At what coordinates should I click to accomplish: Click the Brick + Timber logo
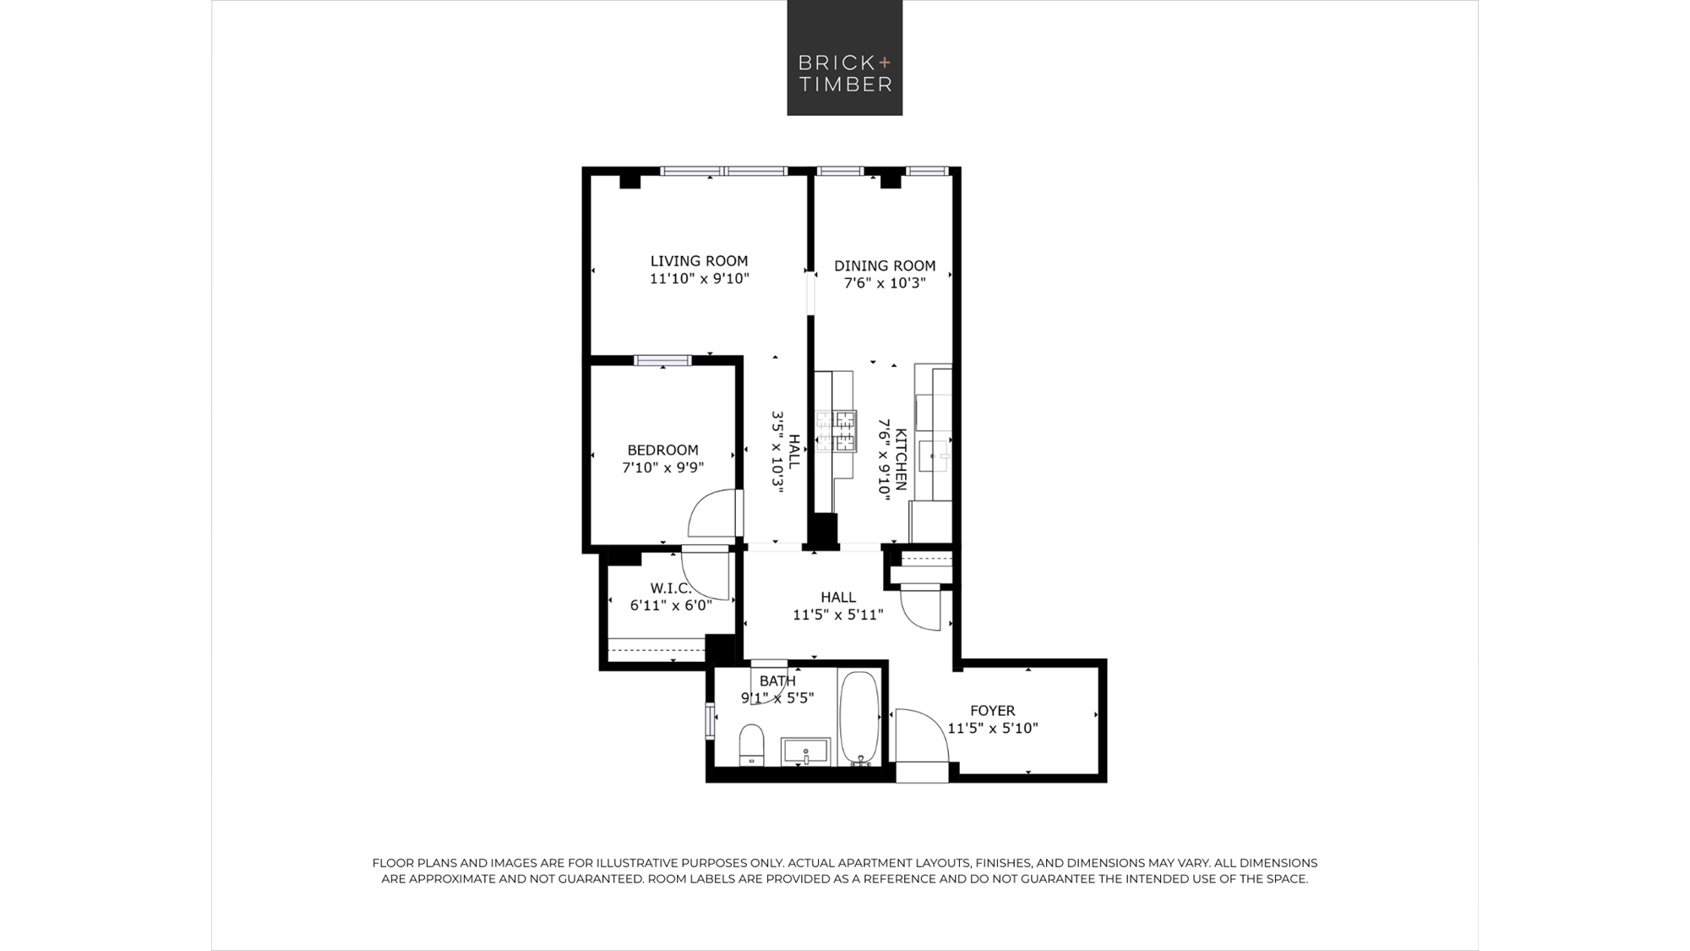[x=845, y=57]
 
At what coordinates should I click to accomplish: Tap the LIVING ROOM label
[x=699, y=261]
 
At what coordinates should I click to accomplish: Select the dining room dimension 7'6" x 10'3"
[x=885, y=283]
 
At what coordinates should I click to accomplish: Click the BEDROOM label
[x=662, y=451]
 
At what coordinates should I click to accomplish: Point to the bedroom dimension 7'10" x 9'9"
[x=663, y=467]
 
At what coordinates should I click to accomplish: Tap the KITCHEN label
[x=901, y=459]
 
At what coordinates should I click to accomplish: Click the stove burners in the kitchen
[x=836, y=430]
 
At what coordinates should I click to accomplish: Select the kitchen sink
[x=935, y=456]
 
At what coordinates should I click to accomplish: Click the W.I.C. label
[x=671, y=588]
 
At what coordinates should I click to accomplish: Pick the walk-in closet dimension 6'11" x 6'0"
[x=671, y=605]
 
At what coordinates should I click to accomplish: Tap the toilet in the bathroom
[x=751, y=746]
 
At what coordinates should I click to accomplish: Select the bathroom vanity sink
[x=806, y=752]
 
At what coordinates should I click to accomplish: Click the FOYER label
[x=992, y=711]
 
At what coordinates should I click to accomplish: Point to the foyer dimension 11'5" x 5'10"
[x=992, y=728]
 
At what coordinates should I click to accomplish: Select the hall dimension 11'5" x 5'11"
[x=837, y=615]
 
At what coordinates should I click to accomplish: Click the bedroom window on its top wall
[x=662, y=361]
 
